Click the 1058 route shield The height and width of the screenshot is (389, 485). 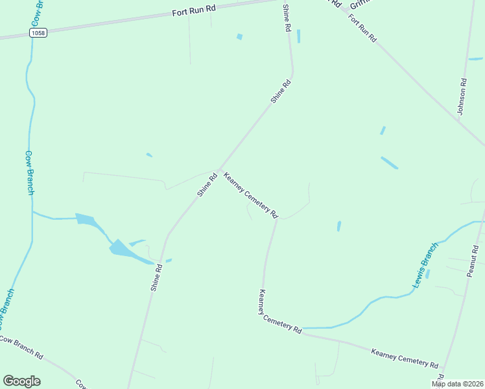[x=39, y=32]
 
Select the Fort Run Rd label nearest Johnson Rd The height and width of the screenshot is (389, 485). [x=362, y=27]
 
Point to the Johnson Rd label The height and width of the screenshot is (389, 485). [x=462, y=97]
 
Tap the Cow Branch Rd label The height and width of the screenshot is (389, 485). [x=21, y=348]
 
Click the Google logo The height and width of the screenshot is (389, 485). [x=21, y=381]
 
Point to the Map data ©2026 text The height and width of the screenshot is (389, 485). [x=458, y=384]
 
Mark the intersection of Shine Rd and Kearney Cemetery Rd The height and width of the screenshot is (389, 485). [x=220, y=168]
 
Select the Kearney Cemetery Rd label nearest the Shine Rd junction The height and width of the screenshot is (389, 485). [x=250, y=194]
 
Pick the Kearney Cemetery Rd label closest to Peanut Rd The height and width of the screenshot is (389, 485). [x=405, y=358]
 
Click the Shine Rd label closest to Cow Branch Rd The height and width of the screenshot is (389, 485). [x=156, y=276]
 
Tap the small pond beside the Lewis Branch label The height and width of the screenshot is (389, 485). [x=427, y=274]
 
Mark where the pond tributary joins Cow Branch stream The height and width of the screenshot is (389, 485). [x=32, y=211]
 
